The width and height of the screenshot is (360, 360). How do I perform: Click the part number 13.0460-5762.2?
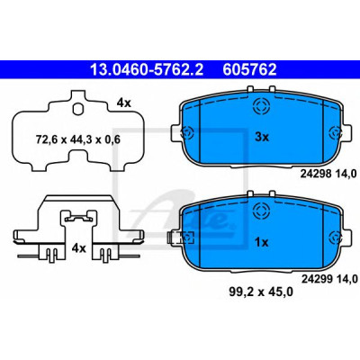[x=147, y=70]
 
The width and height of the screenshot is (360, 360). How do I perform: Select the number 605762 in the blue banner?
[x=249, y=70]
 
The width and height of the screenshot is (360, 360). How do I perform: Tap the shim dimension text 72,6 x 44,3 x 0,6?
[x=78, y=139]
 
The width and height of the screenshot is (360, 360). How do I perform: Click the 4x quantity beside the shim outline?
[x=124, y=103]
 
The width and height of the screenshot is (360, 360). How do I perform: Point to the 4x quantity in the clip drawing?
[x=78, y=248]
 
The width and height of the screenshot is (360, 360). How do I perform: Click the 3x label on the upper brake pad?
[x=262, y=138]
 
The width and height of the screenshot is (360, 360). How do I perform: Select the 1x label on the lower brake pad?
[x=262, y=242]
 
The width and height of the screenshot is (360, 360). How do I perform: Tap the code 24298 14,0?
[x=328, y=174]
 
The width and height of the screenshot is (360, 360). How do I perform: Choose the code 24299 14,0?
[x=328, y=279]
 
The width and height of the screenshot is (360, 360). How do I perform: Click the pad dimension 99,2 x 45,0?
[x=261, y=292]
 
